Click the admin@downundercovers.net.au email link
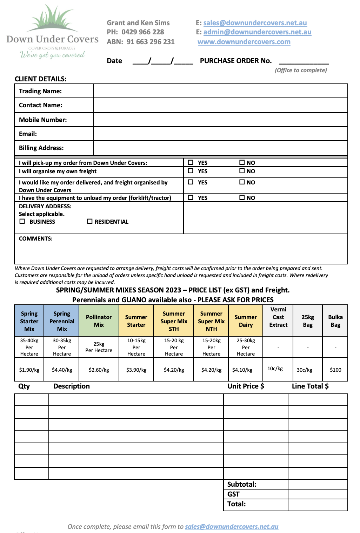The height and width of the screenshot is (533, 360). pos(257,32)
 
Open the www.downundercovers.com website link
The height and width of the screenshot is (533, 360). pos(244,42)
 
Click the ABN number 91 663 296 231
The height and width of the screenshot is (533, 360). pos(150,42)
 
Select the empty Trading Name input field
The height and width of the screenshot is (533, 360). pos(220,91)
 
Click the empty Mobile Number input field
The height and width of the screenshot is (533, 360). pos(220,120)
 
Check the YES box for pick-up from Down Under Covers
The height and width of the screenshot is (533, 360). pos(191,163)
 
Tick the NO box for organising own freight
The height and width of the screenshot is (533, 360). pos(242,171)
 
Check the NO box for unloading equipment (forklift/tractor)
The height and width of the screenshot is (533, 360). pos(242,198)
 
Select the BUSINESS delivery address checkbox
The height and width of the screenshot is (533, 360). pos(22,222)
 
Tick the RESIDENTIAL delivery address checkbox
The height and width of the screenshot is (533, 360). pos(90,222)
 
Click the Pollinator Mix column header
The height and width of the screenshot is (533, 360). pos(99,321)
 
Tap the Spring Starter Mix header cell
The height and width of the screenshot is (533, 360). pos(29,321)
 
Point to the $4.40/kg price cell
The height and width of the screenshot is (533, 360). pos(62,370)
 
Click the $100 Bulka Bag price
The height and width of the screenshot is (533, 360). pos(335,370)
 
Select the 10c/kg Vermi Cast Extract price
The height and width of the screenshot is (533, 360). pos(275,369)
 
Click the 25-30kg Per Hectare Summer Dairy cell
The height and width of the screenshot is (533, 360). pos(246,347)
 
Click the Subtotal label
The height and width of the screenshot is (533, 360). pos(242,484)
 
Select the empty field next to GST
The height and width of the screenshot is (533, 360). pos(318,494)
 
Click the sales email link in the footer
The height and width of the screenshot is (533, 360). pos(232,527)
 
